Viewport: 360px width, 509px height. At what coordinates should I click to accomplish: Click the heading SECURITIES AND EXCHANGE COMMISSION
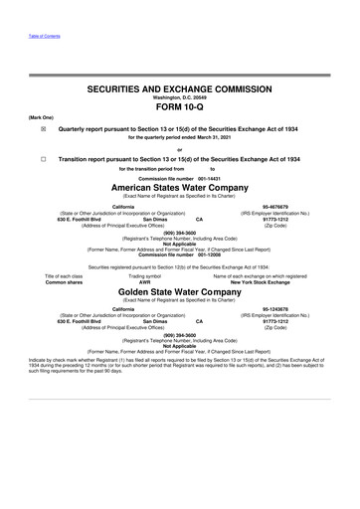pyautogui.click(x=180, y=88)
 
